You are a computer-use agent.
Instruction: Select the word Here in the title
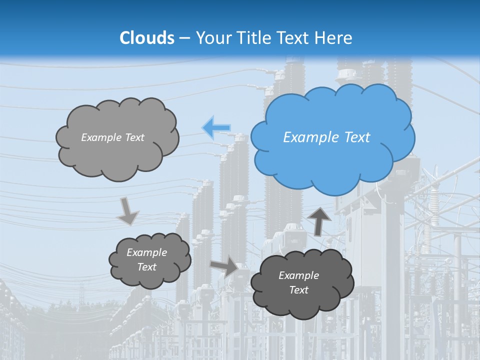click(x=333, y=38)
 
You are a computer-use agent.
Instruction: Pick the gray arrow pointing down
click(x=127, y=211)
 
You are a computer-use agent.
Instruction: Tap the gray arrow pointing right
click(x=224, y=266)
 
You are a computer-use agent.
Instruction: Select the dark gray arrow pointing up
click(x=319, y=221)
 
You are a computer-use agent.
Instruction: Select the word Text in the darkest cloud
click(x=299, y=290)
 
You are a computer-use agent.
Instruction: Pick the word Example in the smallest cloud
click(x=147, y=252)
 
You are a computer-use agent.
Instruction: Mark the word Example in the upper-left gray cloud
click(x=101, y=137)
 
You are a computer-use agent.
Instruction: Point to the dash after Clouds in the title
click(x=184, y=38)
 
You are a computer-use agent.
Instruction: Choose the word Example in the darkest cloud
click(x=299, y=275)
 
